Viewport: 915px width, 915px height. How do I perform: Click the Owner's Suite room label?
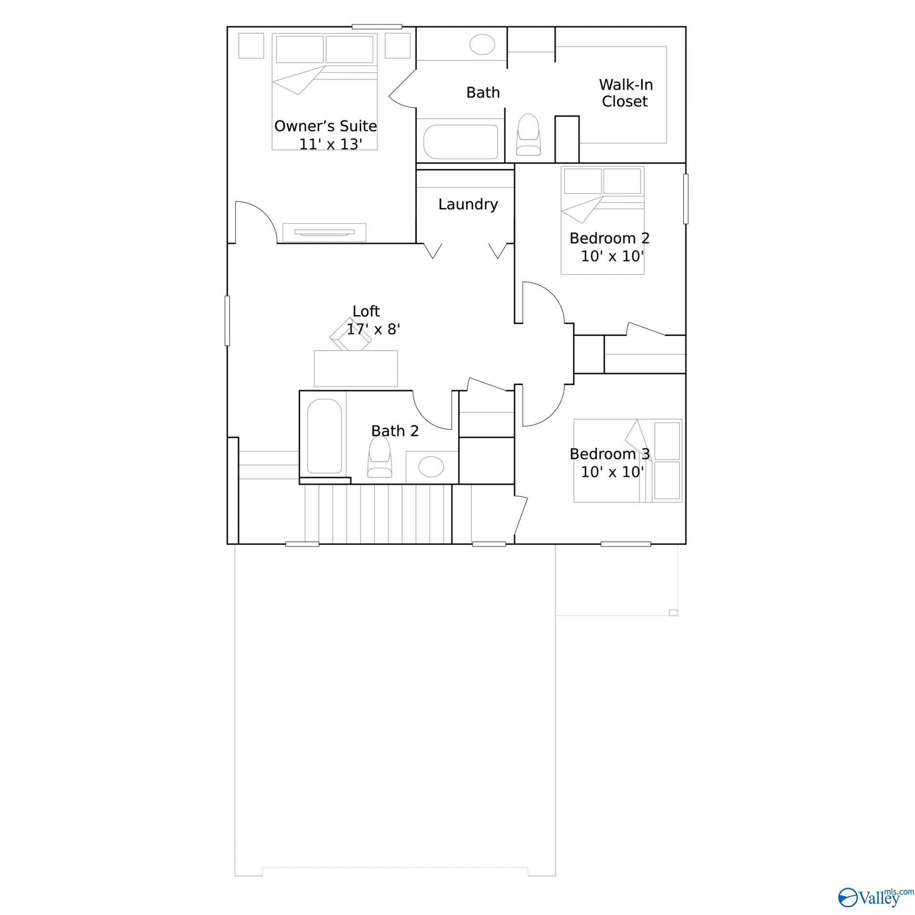pyautogui.click(x=325, y=126)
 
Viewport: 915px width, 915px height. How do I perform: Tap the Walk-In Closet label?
pyautogui.click(x=625, y=93)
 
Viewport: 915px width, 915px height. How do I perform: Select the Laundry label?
pyautogui.click(x=468, y=204)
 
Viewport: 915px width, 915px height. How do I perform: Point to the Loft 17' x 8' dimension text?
pyautogui.click(x=373, y=329)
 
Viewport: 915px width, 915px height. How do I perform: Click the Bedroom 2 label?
pyautogui.click(x=610, y=238)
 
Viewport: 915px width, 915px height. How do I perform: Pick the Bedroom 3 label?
pyautogui.click(x=610, y=454)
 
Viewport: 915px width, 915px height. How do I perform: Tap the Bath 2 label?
pyautogui.click(x=395, y=431)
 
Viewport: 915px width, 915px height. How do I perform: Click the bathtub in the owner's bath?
pyautogui.click(x=461, y=142)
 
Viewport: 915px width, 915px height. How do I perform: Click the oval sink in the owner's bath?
pyautogui.click(x=482, y=44)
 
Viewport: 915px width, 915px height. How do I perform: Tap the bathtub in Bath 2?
pyautogui.click(x=324, y=437)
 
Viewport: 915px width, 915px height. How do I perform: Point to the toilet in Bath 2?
pyautogui.click(x=379, y=457)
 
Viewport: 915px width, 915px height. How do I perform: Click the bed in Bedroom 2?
pyautogui.click(x=602, y=220)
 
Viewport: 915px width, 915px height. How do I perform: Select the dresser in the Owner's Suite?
pyautogui.click(x=324, y=233)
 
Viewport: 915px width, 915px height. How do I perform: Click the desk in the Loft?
pyautogui.click(x=356, y=368)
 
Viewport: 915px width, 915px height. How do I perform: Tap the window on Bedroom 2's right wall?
pyautogui.click(x=686, y=199)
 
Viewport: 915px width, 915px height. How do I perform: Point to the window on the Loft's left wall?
pyautogui.click(x=227, y=321)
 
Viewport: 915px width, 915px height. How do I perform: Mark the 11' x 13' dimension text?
pyautogui.click(x=331, y=144)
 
